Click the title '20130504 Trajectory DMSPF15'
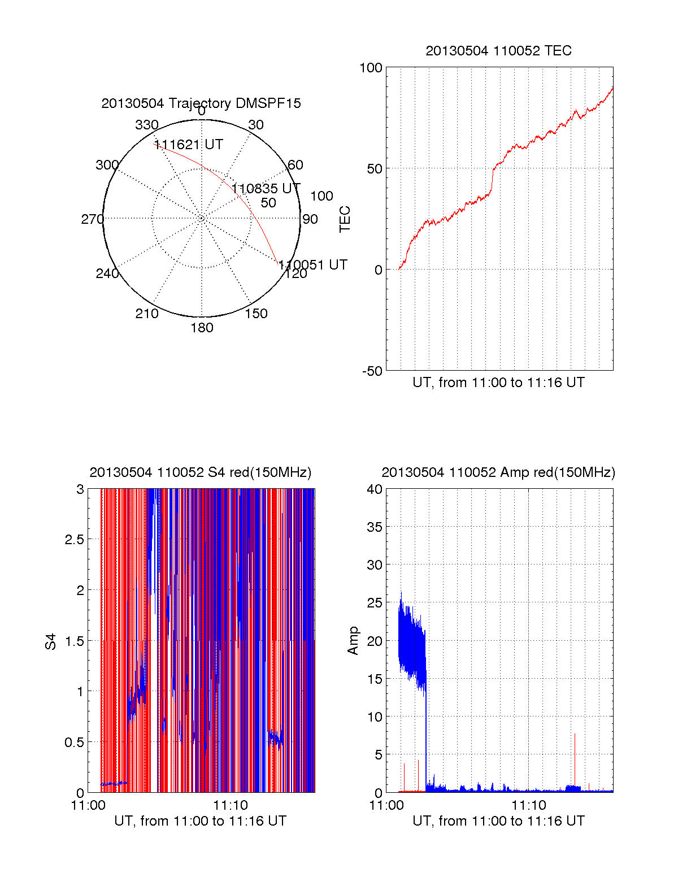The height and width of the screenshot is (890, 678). (201, 103)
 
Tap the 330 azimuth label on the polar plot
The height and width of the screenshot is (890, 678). (147, 125)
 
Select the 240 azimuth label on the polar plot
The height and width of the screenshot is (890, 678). (107, 273)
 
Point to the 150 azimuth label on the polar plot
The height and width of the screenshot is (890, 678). (256, 314)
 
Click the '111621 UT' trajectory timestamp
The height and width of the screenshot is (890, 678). (189, 145)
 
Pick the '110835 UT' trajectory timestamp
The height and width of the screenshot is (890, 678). (266, 188)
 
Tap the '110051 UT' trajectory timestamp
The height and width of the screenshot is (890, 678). (313, 265)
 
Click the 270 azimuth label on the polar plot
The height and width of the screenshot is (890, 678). (92, 219)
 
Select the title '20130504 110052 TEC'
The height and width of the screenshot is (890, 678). (498, 51)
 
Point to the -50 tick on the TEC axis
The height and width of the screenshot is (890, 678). (372, 371)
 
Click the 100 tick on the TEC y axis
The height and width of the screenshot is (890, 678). (371, 68)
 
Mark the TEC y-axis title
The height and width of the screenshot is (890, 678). (345, 219)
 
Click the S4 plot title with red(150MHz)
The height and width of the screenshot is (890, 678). (201, 472)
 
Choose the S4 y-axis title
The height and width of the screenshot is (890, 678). (51, 641)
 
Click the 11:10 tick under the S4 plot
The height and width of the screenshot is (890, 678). (230, 805)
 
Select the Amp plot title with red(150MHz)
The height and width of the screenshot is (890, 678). (498, 472)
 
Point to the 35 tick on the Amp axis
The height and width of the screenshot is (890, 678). (375, 527)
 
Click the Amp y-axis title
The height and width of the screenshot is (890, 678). (353, 641)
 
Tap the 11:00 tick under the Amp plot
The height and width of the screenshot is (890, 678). (386, 805)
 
